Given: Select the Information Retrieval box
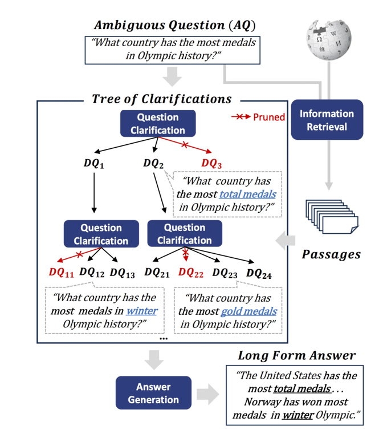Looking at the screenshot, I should point(327,120).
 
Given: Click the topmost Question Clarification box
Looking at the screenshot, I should point(158,123).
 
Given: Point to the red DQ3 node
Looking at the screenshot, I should point(211,164).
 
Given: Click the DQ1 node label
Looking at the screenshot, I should point(95,164).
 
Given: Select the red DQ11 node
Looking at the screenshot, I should point(62,273).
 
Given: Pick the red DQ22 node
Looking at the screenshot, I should point(191,273).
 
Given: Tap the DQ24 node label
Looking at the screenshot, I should point(259,273).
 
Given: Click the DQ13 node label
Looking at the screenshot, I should point(123,273).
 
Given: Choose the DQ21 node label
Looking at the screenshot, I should point(157,273).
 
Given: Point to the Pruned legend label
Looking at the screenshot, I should point(268,117).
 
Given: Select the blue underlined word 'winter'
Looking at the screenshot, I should point(141,311).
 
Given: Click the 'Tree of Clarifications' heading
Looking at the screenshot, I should point(162,99).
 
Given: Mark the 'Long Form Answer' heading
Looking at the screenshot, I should point(296,356).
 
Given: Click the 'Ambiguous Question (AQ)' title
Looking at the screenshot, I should point(174,25).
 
